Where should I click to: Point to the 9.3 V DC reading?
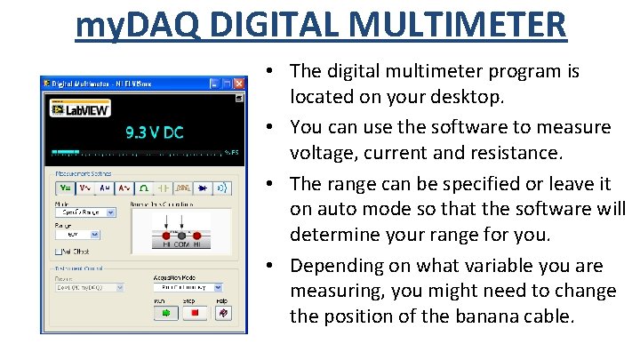(154, 132)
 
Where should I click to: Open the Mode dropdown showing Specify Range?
(85, 213)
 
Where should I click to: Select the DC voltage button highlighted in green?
(66, 188)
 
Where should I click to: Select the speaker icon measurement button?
(223, 188)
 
